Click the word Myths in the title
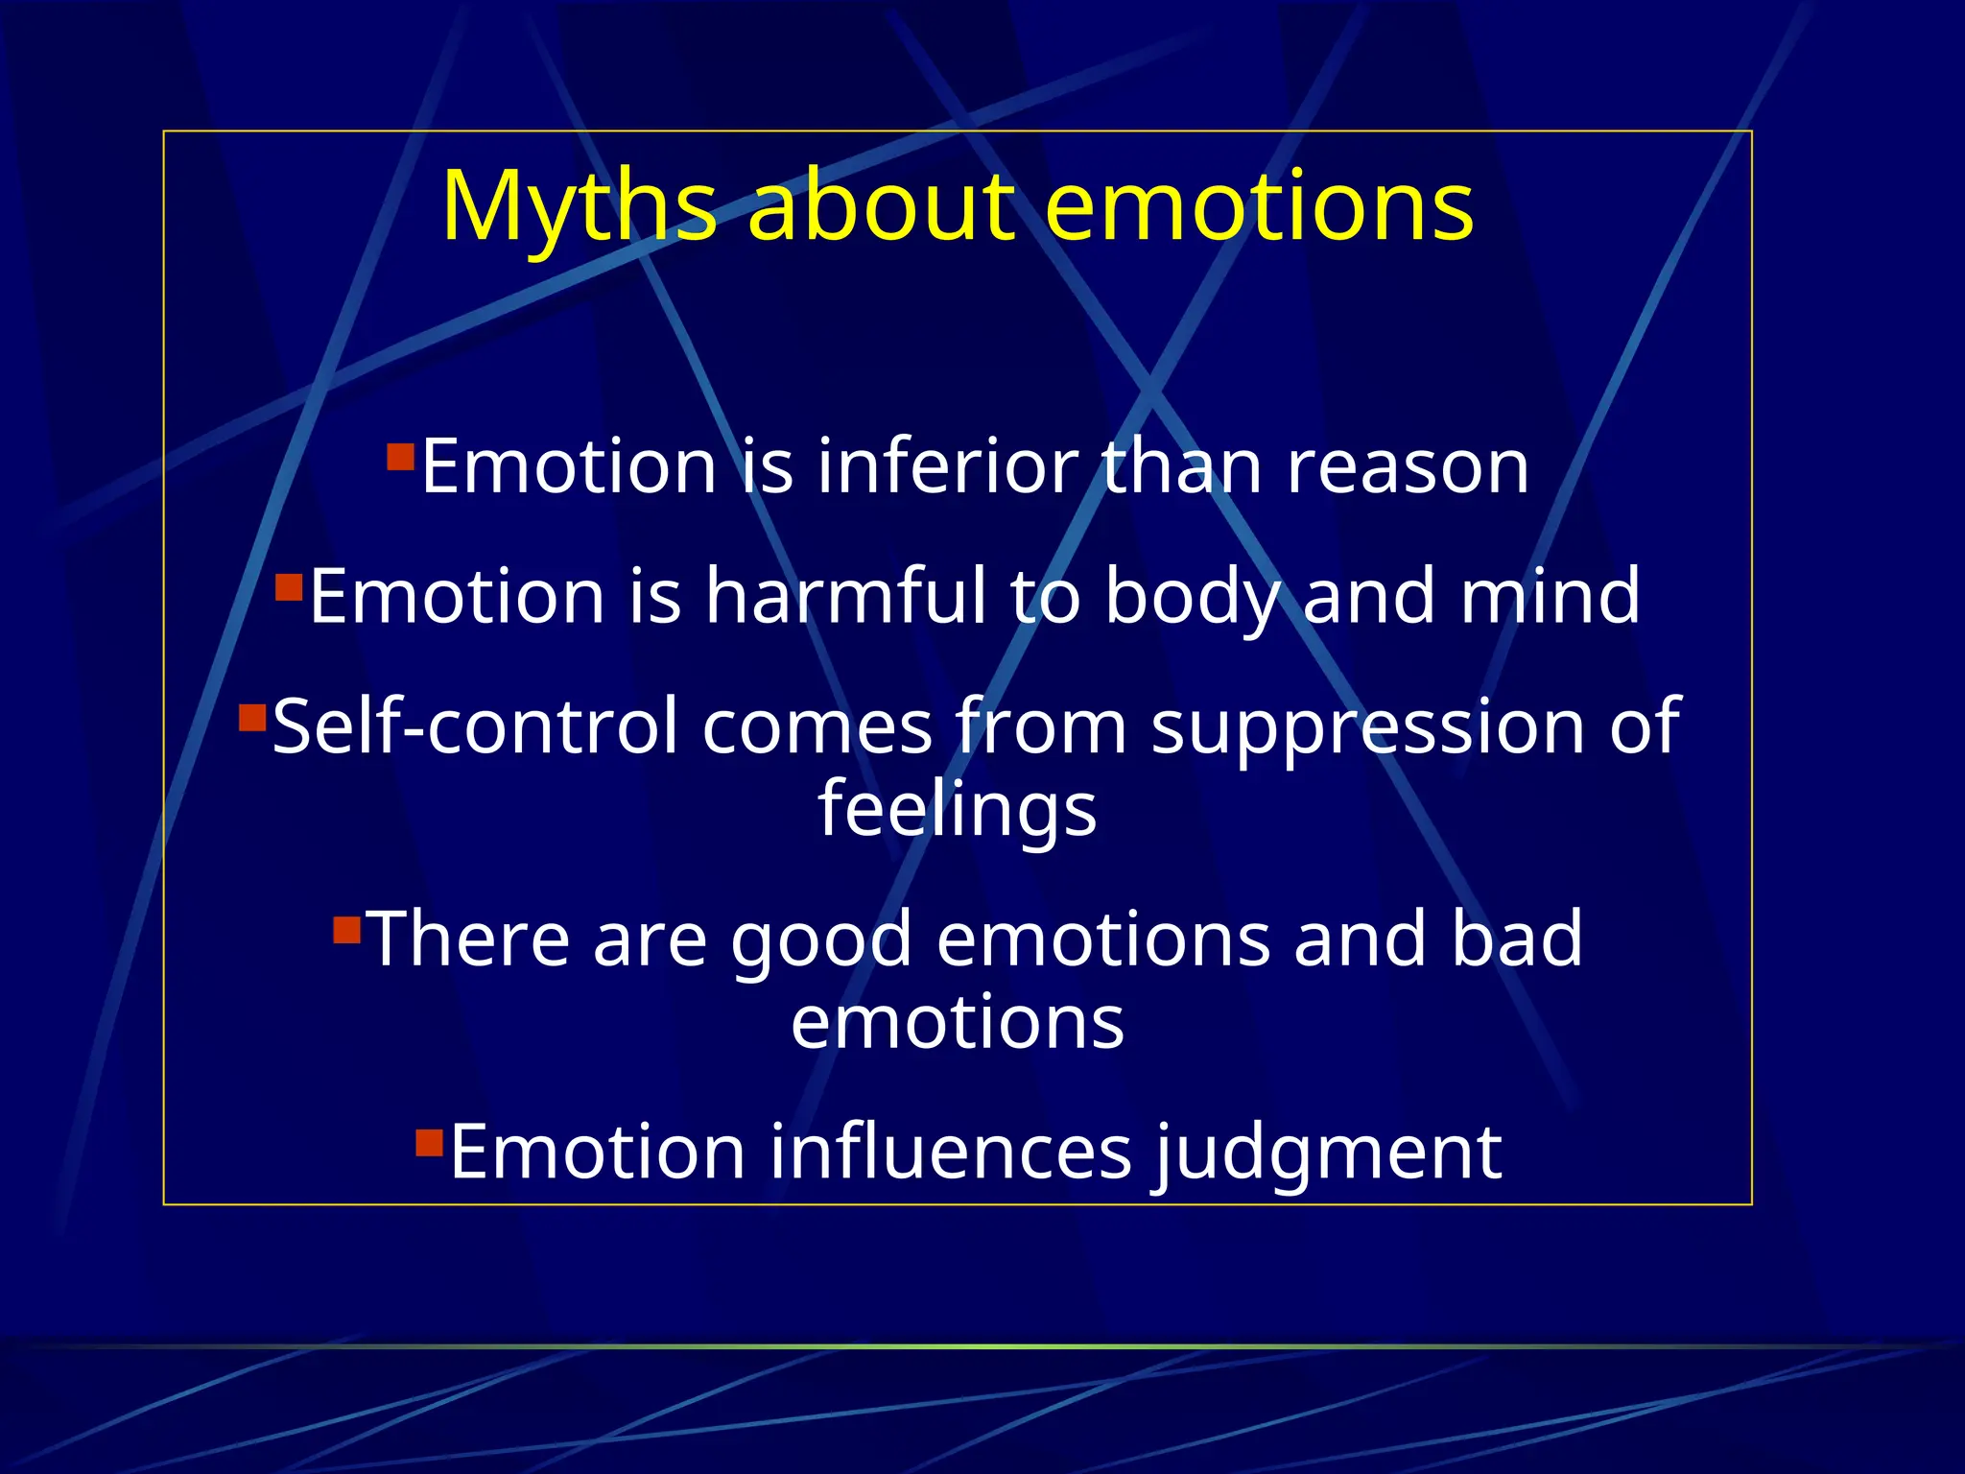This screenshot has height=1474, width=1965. tap(579, 207)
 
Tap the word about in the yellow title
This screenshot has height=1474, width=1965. tap(881, 205)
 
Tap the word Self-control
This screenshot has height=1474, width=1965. tap(475, 726)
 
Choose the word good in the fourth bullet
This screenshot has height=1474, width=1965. tap(821, 940)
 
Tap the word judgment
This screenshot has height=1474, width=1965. tap(1327, 1153)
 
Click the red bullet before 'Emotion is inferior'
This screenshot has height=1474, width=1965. tap(400, 456)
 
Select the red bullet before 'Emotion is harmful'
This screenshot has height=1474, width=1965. tap(289, 586)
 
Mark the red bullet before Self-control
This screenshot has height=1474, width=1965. tap(252, 717)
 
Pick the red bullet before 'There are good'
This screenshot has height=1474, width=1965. tap(346, 930)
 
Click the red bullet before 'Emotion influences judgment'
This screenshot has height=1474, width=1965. tap(429, 1142)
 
